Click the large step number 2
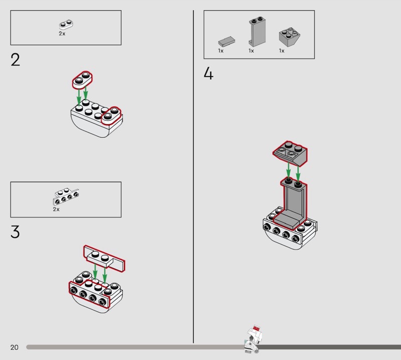[x=15, y=60]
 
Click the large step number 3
[x=15, y=232]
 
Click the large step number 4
[x=209, y=73]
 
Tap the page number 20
[x=15, y=347]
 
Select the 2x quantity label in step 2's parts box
[x=62, y=34]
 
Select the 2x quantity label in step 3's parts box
[x=56, y=209]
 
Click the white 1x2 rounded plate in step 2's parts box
[x=66, y=24]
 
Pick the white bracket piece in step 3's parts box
[x=66, y=197]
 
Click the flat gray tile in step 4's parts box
[x=227, y=42]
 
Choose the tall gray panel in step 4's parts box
[x=257, y=32]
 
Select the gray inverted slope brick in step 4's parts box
[x=289, y=37]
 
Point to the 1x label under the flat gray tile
[x=221, y=51]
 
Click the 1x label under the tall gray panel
[x=251, y=51]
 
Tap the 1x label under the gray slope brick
[x=282, y=51]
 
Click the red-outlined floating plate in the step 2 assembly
[x=82, y=80]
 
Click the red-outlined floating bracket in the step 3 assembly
[x=104, y=258]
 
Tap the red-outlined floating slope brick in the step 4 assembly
[x=290, y=153]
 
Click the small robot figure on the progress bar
[x=253, y=339]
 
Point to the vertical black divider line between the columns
[x=193, y=176]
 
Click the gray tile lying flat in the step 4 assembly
[x=288, y=221]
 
